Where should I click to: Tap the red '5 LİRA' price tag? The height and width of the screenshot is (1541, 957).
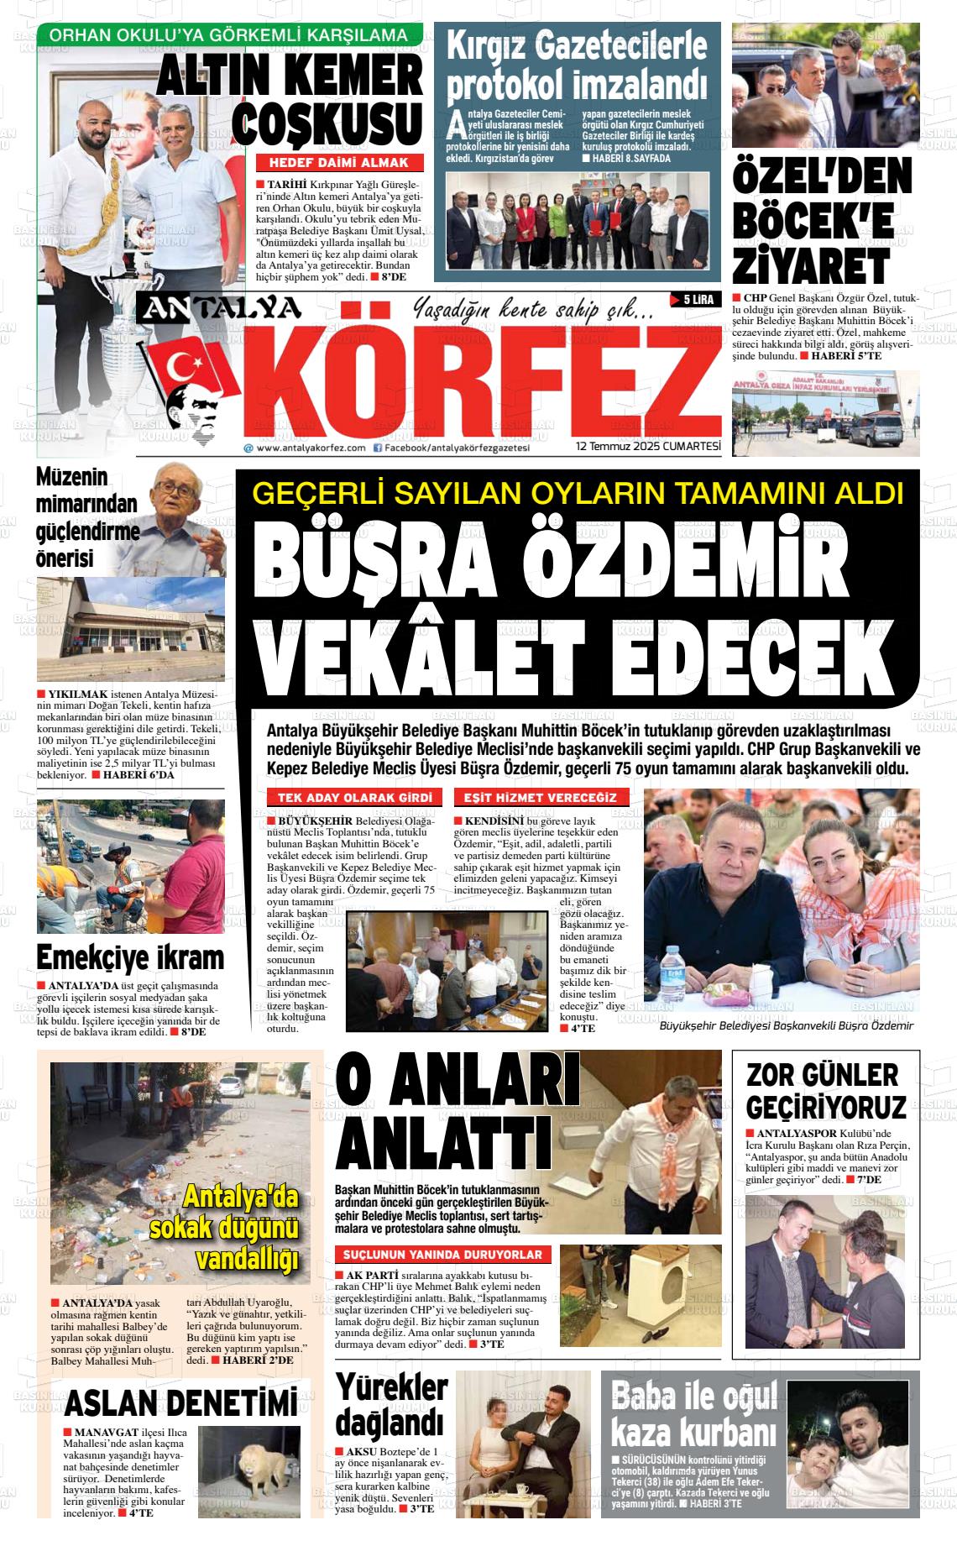pyautogui.click(x=694, y=300)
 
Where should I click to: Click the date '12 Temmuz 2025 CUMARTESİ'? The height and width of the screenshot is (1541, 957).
pyautogui.click(x=649, y=448)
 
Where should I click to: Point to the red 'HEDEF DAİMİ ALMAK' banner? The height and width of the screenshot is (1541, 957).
pyautogui.click(x=338, y=163)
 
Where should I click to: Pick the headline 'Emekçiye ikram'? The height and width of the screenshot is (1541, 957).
pyautogui.click(x=130, y=957)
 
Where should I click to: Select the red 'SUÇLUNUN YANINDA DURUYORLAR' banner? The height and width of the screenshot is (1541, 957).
pyautogui.click(x=443, y=1255)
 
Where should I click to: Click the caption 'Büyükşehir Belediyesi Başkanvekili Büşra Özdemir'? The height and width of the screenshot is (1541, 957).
pyautogui.click(x=786, y=1025)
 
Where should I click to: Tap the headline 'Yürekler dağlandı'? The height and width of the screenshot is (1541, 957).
pyautogui.click(x=391, y=1407)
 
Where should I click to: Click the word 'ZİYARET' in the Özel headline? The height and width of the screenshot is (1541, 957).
pyautogui.click(x=810, y=266)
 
